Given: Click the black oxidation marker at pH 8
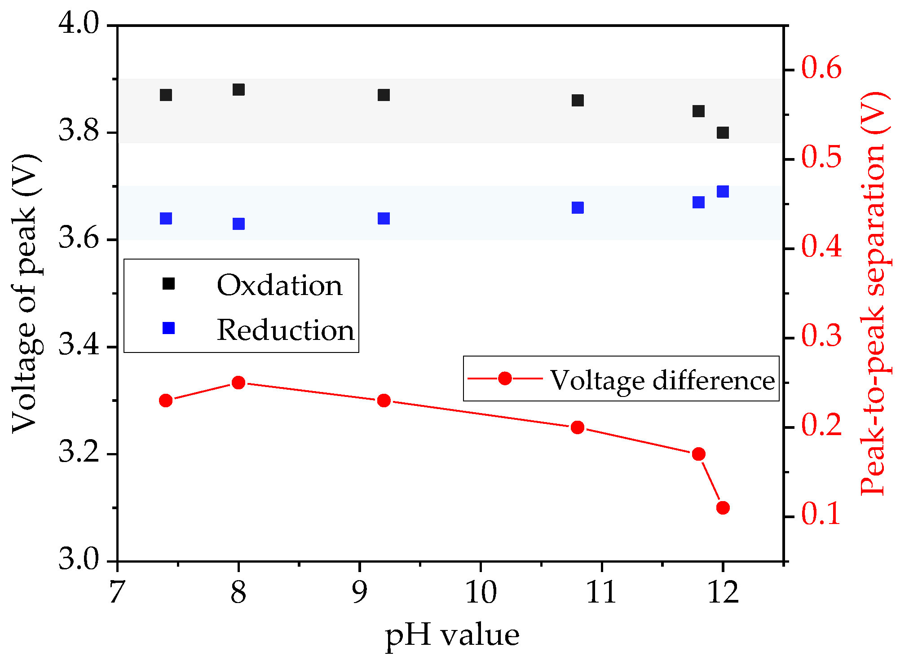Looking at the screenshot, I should coord(238,90).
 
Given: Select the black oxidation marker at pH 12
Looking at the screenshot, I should coord(723,133).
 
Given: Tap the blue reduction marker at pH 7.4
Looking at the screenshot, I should coord(166,219).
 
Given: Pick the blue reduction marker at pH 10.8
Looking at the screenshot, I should coord(578,208).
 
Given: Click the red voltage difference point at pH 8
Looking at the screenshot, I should coord(238,383).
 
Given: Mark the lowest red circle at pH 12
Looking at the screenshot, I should coord(723,508).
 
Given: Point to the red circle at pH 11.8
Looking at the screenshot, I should coord(698,454).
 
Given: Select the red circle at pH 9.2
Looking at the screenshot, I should coord(384,401).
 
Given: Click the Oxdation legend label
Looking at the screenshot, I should coord(279,285).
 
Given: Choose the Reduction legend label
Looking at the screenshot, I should coord(286,330).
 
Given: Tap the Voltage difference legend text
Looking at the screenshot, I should coord(662,380).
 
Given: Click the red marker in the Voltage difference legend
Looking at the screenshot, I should coord(505,379).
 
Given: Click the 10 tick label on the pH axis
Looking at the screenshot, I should coord(481,592).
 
